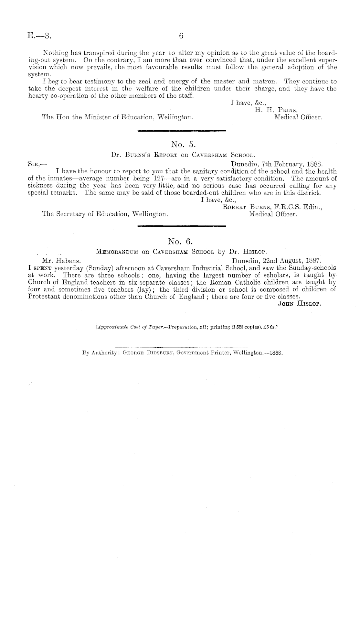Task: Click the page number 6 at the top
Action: coord(181,36)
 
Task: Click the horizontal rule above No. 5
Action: coord(182,131)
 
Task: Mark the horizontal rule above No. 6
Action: coord(182,226)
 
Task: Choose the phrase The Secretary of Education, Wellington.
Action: coord(105,214)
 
